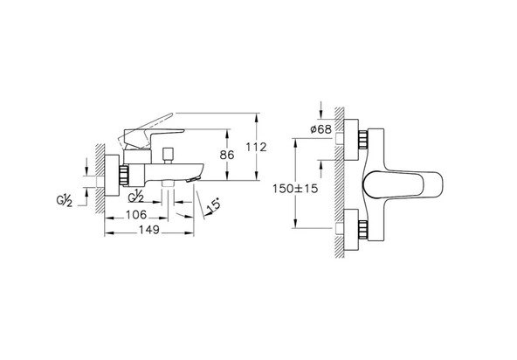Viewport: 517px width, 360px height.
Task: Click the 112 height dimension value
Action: click(256, 147)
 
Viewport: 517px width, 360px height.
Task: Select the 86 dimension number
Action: click(227, 155)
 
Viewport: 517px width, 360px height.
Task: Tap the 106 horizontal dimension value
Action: click(136, 215)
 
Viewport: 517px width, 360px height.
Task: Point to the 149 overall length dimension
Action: click(149, 230)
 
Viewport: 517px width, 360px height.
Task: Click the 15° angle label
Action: click(213, 206)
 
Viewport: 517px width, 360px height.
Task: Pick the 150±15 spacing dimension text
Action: click(295, 189)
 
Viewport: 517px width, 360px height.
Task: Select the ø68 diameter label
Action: click(321, 129)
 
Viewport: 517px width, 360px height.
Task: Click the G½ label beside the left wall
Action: click(64, 201)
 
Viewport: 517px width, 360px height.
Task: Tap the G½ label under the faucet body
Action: click(135, 197)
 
